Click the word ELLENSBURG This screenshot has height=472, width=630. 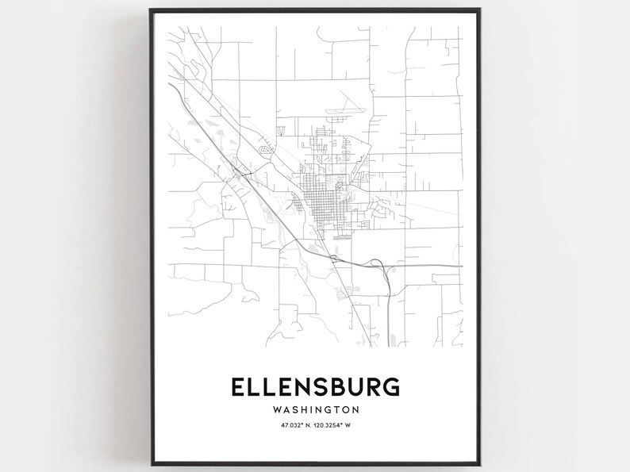[315, 387]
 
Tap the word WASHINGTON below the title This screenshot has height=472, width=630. [315, 410]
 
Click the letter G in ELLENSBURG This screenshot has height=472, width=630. [390, 387]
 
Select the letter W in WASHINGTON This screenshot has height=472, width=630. [275, 410]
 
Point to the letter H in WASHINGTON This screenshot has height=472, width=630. [302, 410]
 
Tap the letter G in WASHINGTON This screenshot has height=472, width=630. [328, 410]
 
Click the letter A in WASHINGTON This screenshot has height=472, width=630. [285, 410]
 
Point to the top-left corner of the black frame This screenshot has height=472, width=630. [149, 10]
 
